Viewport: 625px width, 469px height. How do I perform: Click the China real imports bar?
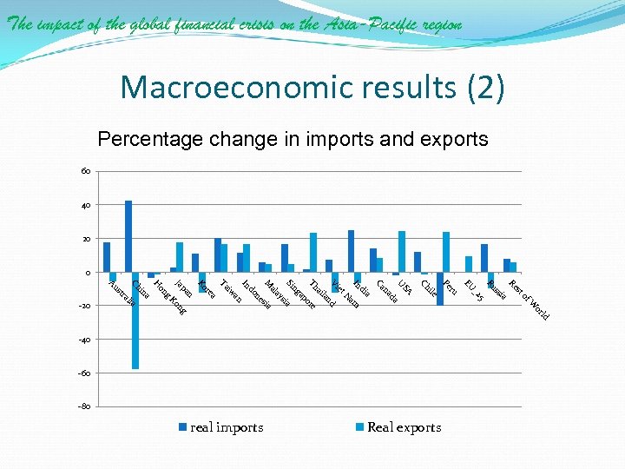[x=128, y=236]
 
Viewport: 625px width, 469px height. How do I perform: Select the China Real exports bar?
[x=135, y=320]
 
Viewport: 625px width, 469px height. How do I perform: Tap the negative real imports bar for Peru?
[x=440, y=288]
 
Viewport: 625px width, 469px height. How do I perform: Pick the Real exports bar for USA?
[x=402, y=252]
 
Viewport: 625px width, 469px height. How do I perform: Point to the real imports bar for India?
[x=351, y=251]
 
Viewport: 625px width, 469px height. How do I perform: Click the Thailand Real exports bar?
[x=313, y=253]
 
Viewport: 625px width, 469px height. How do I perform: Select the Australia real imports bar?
[x=106, y=257]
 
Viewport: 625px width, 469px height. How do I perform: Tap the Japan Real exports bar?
[x=180, y=257]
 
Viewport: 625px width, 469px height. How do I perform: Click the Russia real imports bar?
[x=484, y=258]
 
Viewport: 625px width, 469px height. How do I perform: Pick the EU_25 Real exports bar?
[x=469, y=264]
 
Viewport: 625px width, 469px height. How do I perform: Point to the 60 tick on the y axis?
[x=85, y=171]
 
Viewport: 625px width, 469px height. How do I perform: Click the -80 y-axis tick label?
[x=83, y=406]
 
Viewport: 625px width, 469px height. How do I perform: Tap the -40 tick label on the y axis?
[x=83, y=340]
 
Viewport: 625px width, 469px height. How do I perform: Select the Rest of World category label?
[x=529, y=299]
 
